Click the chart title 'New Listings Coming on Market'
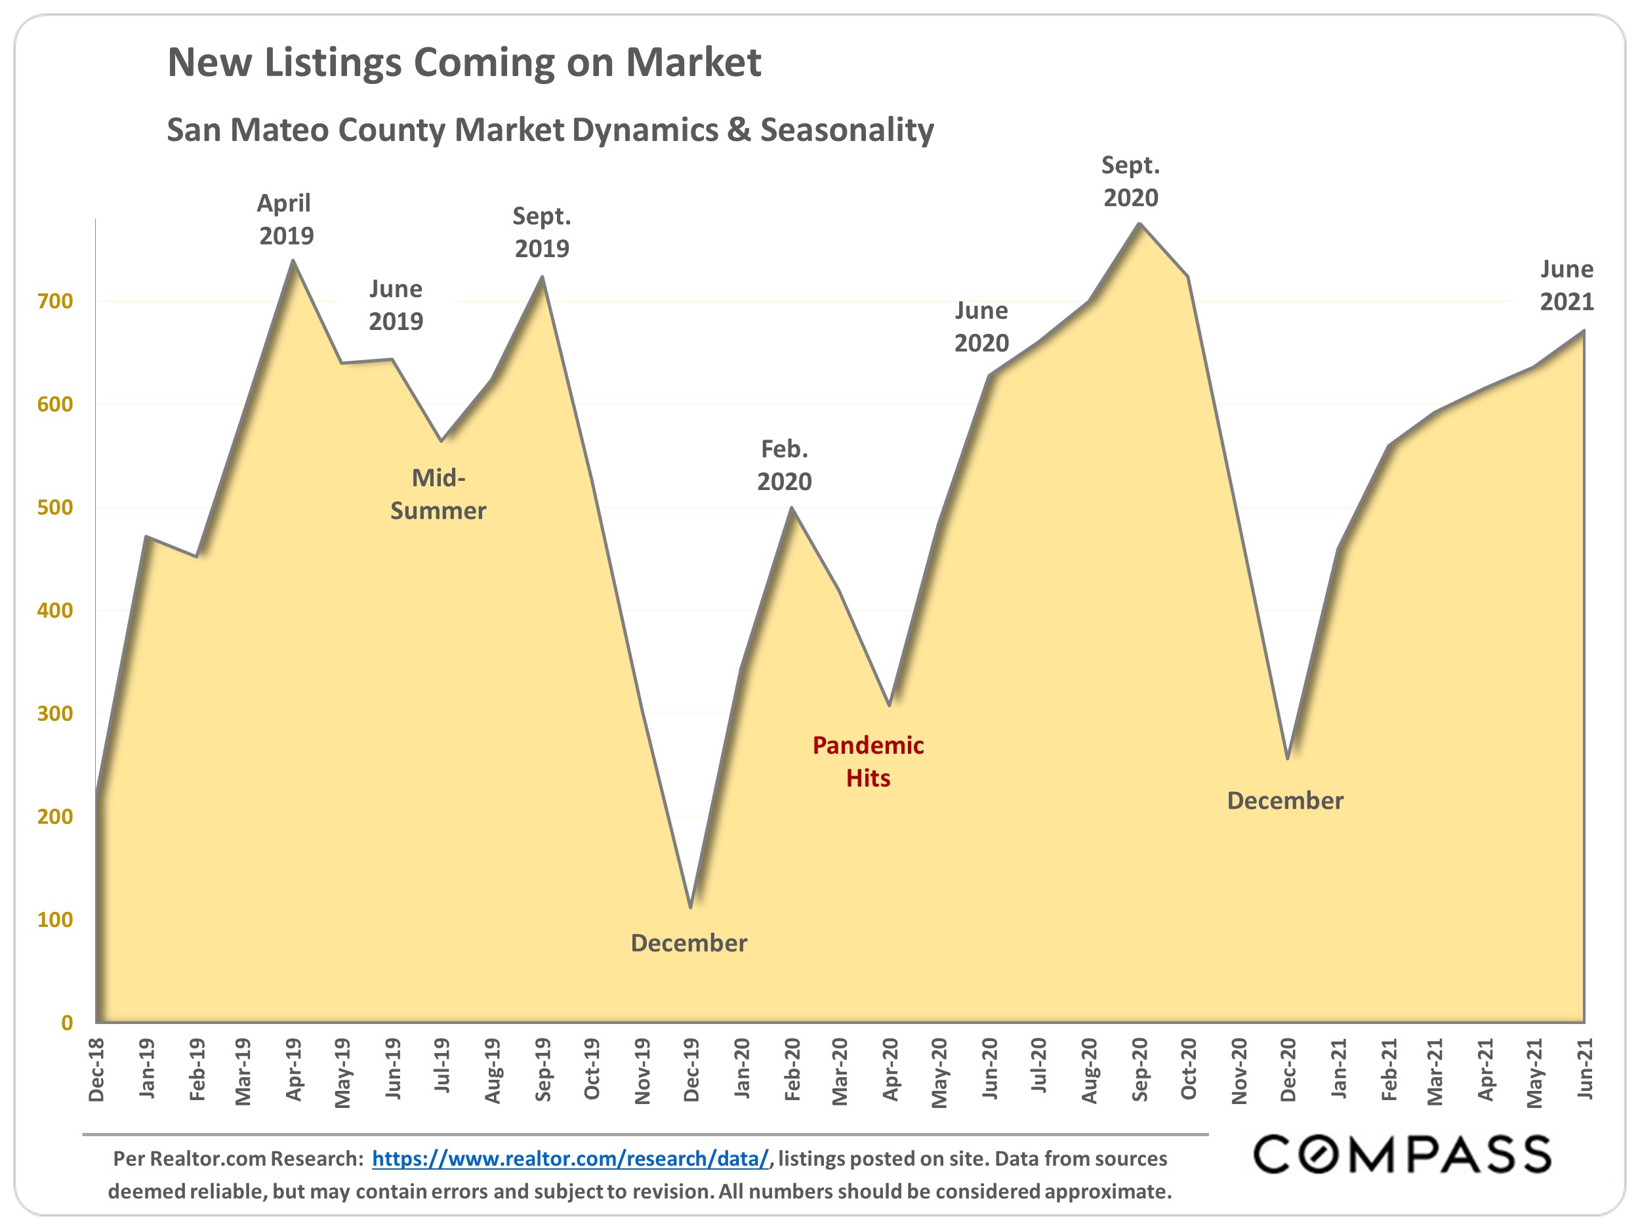pos(464,62)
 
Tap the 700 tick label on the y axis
pos(55,301)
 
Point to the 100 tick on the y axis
pos(55,920)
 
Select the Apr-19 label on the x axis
pos(294,1070)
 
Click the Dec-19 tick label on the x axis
pos(691,1070)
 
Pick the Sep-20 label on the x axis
pos(1139,1070)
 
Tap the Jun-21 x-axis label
pos(1584,1069)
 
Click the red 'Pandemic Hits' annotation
pos(868,762)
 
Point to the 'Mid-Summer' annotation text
pos(438,495)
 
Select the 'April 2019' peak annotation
pos(285,220)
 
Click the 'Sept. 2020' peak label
pos(1131,182)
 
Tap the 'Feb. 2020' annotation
pos(785,466)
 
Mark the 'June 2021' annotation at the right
pos(1567,285)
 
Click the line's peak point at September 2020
pos(1139,224)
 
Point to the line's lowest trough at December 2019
pos(691,907)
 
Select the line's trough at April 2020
pos(890,705)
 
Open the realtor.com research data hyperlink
pos(570,1159)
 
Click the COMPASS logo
pos(1402,1155)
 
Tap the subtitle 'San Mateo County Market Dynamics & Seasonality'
pos(550,130)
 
